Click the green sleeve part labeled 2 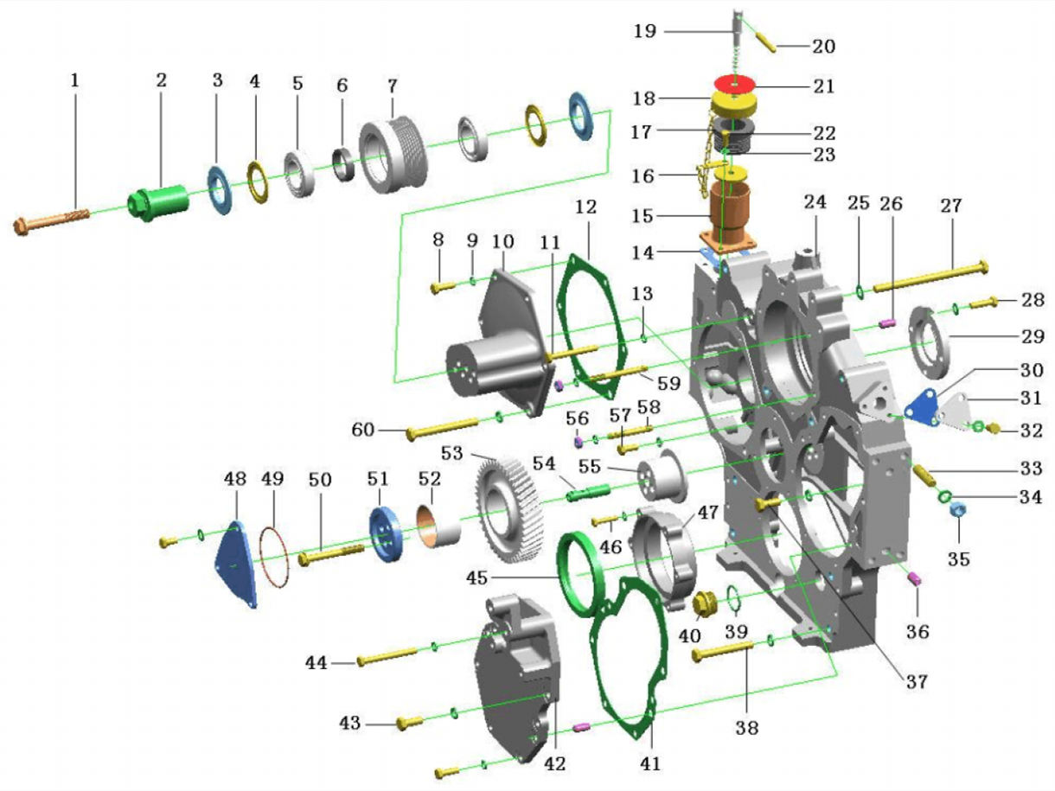160,202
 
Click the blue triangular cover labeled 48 235,567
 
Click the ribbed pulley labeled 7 393,156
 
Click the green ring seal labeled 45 578,574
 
